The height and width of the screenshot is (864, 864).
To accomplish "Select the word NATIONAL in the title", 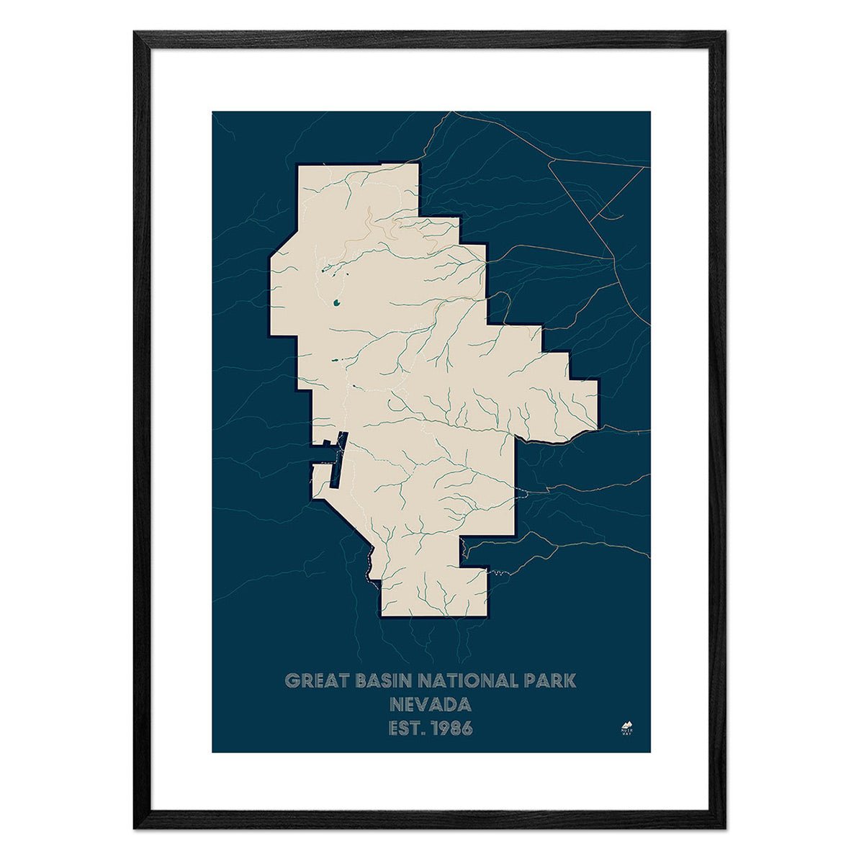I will point(469,680).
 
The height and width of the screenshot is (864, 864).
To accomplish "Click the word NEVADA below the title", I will point(431,704).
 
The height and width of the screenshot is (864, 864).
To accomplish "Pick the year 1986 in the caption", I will point(451,729).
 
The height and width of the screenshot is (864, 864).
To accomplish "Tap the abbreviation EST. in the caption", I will point(407,729).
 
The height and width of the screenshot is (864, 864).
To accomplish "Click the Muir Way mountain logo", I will point(626,726).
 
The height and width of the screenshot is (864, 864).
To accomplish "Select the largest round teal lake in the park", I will point(337,304).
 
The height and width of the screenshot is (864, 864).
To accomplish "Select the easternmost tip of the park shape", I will point(598,403).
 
